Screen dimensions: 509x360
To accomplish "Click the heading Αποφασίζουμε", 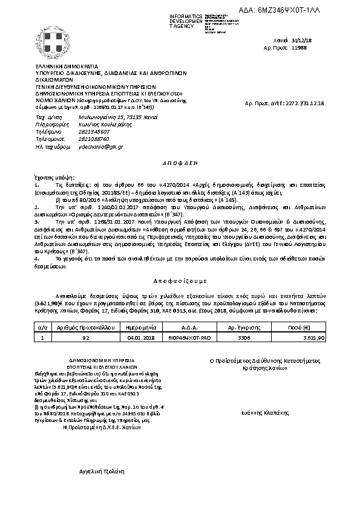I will pos(179,280).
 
